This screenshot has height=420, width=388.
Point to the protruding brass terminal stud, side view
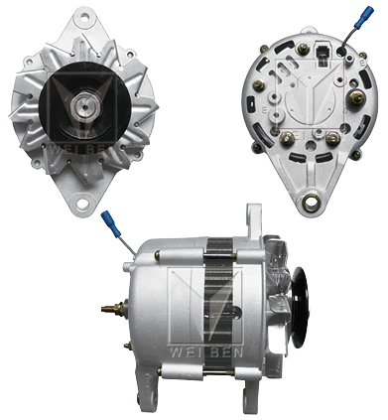(x=107, y=308)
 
